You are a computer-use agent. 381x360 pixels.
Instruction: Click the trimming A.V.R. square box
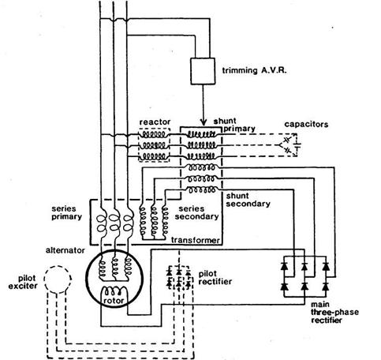203,71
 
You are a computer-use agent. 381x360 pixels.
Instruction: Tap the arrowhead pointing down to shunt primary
203,122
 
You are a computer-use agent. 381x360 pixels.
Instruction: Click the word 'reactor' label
155,122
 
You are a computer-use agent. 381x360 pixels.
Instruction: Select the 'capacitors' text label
306,124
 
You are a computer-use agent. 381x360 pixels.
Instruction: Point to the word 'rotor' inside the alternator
114,300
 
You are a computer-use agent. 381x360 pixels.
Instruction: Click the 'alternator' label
65,250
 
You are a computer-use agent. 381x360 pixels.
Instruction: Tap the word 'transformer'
195,240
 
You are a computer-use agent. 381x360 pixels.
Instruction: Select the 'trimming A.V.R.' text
254,70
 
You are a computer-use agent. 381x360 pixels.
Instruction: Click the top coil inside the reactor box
154,134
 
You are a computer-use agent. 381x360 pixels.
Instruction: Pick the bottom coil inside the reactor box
154,157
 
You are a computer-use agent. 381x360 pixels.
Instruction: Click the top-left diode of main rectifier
284,266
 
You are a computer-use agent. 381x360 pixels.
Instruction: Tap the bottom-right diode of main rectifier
326,287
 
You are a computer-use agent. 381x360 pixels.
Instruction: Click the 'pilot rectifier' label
215,278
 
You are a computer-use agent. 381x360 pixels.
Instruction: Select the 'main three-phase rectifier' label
334,313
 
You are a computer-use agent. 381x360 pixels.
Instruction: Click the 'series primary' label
67,212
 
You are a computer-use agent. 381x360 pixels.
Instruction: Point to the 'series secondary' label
196,212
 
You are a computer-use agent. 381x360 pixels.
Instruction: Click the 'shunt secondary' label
248,200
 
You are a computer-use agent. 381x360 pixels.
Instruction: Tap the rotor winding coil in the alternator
114,291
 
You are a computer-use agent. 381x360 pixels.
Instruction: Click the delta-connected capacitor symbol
290,144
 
